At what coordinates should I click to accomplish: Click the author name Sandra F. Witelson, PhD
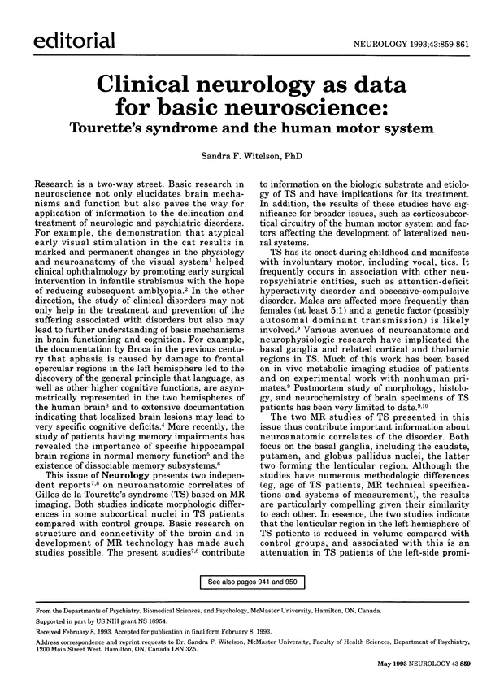pyautogui.click(x=252, y=156)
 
